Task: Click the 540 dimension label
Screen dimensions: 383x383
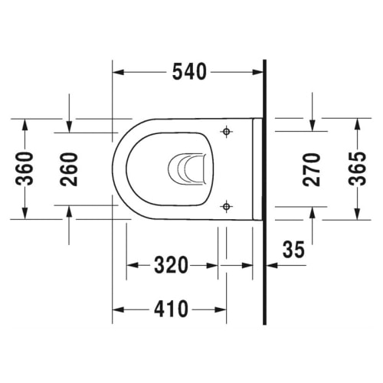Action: click(189, 72)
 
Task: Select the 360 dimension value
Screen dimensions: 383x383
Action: click(25, 169)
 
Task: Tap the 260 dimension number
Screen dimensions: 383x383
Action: click(69, 169)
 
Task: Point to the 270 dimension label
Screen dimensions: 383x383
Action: click(311, 169)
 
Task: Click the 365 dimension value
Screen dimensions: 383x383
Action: click(358, 169)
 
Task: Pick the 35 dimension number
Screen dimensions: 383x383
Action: click(293, 249)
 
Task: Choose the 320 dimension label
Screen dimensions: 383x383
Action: click(171, 265)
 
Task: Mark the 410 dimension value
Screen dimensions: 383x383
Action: click(171, 309)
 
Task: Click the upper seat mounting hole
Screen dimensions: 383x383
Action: click(226, 132)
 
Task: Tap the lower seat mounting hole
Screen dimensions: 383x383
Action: click(226, 206)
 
